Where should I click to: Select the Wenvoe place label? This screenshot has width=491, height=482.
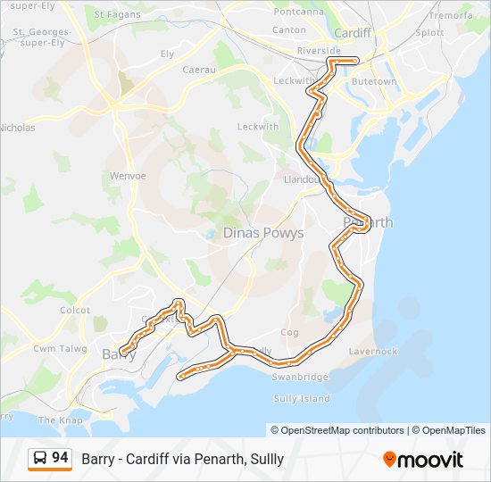point(128,176)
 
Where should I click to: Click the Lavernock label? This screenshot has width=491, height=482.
point(373,352)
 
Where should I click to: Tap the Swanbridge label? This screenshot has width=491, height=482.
point(301,378)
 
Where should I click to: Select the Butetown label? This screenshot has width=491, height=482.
point(375,81)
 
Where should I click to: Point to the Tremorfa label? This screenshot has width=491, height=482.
point(451,16)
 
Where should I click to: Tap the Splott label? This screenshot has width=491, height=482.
point(429,32)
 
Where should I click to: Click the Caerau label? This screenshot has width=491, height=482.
point(199,69)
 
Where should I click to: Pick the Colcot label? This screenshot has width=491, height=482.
point(74,310)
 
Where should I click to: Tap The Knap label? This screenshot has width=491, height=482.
point(59,420)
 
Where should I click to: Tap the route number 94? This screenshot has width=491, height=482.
point(60,458)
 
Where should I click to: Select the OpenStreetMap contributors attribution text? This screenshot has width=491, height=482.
point(337,430)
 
